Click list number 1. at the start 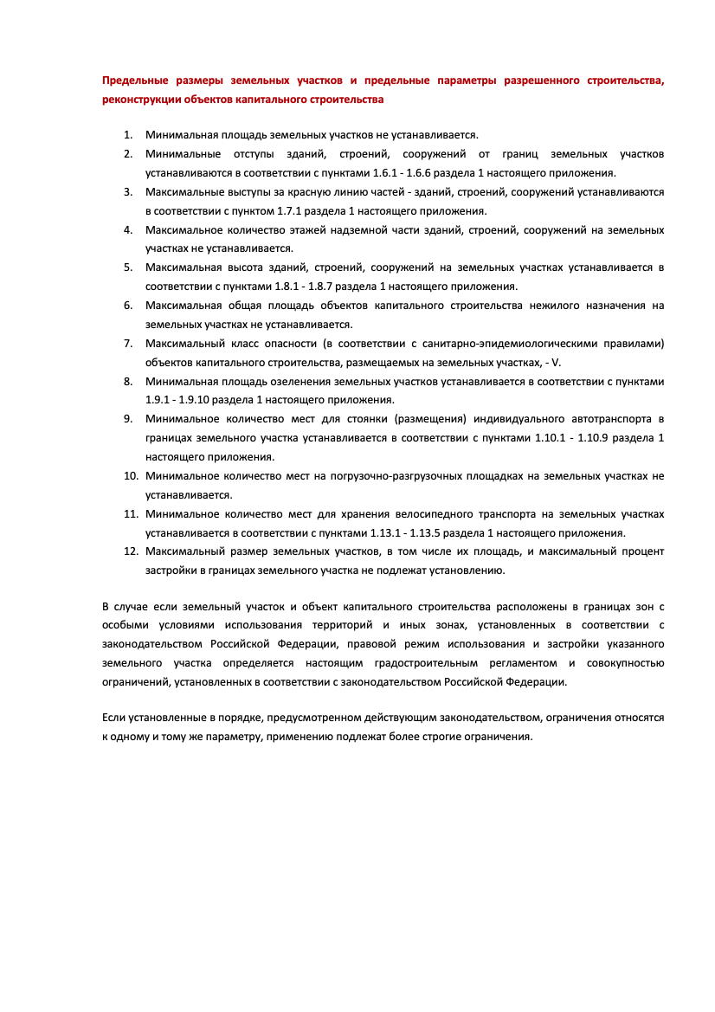click(x=127, y=135)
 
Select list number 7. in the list click(x=127, y=344)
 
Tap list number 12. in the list click(x=131, y=552)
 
